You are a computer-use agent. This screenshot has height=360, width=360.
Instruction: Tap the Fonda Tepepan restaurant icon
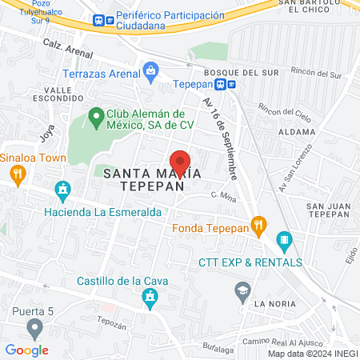click(258, 226)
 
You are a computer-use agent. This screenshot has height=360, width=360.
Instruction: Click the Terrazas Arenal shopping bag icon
click(150, 71)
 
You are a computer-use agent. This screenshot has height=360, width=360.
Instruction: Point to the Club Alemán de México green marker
click(96, 116)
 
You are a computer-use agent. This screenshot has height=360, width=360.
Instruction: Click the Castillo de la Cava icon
click(149, 299)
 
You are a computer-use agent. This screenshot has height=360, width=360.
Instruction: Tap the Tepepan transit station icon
click(230, 84)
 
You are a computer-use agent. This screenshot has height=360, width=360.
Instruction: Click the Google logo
click(26, 350)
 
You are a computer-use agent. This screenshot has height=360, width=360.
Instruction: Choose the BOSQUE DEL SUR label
click(230, 72)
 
